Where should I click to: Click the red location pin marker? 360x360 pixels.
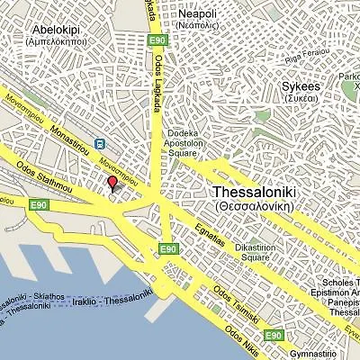point(112,184)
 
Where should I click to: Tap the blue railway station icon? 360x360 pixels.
point(98,143)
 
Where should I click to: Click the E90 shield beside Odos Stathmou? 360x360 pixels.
point(39,205)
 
